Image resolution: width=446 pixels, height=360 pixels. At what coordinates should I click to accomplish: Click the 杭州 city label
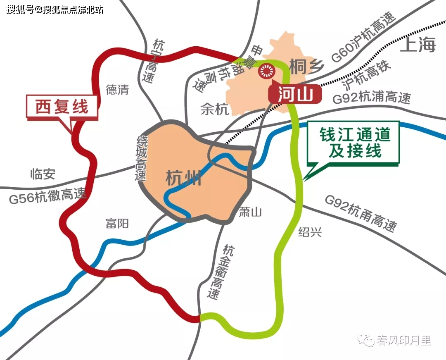pyautogui.click(x=183, y=178)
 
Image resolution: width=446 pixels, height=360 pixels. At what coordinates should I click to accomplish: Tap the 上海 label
pyautogui.click(x=418, y=44)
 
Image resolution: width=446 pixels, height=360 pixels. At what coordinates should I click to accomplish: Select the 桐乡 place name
pyautogui.click(x=306, y=67)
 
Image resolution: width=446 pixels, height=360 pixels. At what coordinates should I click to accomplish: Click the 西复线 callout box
pyautogui.click(x=62, y=107)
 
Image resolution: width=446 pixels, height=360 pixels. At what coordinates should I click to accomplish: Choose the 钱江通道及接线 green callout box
pyautogui.click(x=355, y=143)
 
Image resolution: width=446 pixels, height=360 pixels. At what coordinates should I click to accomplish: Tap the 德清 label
pyautogui.click(x=117, y=90)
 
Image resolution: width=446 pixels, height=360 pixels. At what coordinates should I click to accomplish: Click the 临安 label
pyautogui.click(x=43, y=174)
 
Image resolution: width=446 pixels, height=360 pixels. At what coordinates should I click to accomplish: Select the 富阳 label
pyautogui.click(x=117, y=224)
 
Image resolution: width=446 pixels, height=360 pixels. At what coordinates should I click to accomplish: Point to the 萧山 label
pyautogui.click(x=251, y=212)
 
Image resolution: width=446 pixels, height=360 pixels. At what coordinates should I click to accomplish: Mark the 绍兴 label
pyautogui.click(x=310, y=233)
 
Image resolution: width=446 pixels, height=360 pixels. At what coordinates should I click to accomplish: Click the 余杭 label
pyautogui.click(x=214, y=109)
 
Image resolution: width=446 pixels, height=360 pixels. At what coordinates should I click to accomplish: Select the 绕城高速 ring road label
pyautogui.click(x=142, y=159)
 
